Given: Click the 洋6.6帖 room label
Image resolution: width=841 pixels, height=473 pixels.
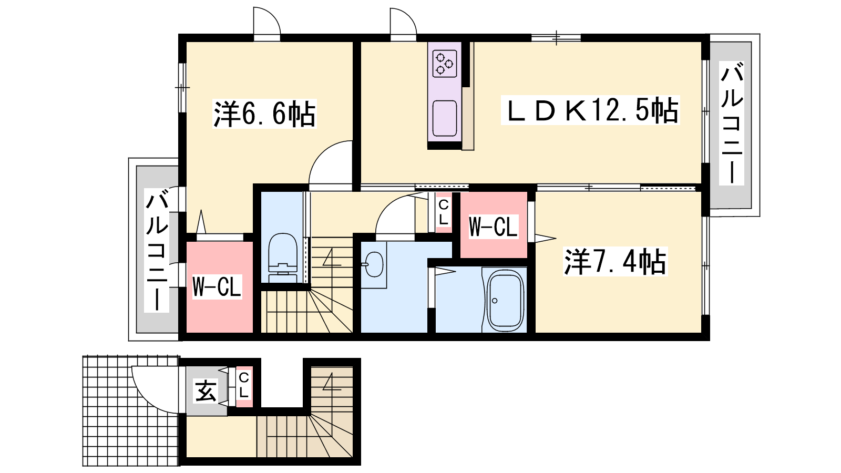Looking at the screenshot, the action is tap(265, 114).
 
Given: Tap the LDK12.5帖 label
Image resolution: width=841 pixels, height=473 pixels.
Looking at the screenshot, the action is tap(591, 110).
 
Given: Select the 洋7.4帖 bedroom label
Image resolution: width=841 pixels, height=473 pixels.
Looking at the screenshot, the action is tap(616, 262).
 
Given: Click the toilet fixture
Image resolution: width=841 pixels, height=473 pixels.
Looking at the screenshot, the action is tap(283, 258).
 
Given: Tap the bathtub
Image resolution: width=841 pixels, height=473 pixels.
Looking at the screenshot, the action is tap(505, 300).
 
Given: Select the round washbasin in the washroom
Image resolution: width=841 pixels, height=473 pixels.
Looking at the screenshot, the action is tap(374, 264).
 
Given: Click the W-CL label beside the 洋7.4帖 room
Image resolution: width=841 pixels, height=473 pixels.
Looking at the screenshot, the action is tap(494, 227).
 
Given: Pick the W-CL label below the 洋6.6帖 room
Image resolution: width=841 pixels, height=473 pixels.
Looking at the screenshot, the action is tap(217, 287).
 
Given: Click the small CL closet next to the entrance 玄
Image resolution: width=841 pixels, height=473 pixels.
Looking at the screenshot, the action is tap(244, 387).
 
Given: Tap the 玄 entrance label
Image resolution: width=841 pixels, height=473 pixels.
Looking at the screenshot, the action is tap(206, 391).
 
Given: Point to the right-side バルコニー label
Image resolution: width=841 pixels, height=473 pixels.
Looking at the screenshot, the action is tap(732, 124).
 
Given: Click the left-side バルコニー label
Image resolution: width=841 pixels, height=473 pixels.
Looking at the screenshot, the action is tap(157, 251).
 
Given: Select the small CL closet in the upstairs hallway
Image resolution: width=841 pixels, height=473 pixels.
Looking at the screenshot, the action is tap(444, 212).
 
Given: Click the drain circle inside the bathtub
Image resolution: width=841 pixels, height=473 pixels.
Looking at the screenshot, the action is tap(495, 301).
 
